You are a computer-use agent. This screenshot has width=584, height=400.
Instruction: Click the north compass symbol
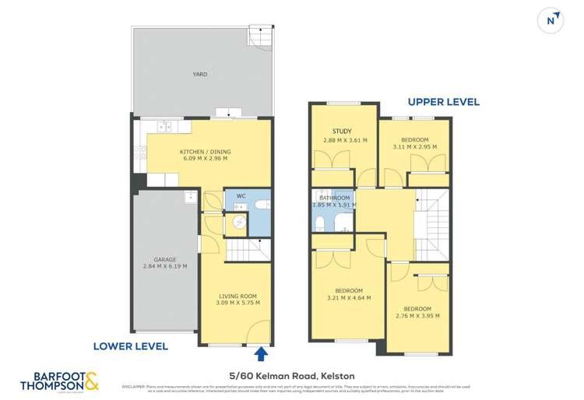[552, 20]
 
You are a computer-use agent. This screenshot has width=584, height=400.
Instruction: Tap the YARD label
[200, 75]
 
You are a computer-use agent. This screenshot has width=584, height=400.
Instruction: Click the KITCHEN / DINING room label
[205, 152]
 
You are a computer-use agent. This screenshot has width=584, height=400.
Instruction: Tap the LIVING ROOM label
[237, 295]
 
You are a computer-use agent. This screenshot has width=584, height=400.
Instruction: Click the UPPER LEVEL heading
[444, 102]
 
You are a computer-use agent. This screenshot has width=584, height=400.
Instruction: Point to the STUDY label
[342, 132]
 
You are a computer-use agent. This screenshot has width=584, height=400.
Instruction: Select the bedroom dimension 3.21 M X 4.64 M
[348, 297]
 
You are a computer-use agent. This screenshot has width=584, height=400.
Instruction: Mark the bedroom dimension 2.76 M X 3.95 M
[418, 315]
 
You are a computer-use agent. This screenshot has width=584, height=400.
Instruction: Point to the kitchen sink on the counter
[164, 125]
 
